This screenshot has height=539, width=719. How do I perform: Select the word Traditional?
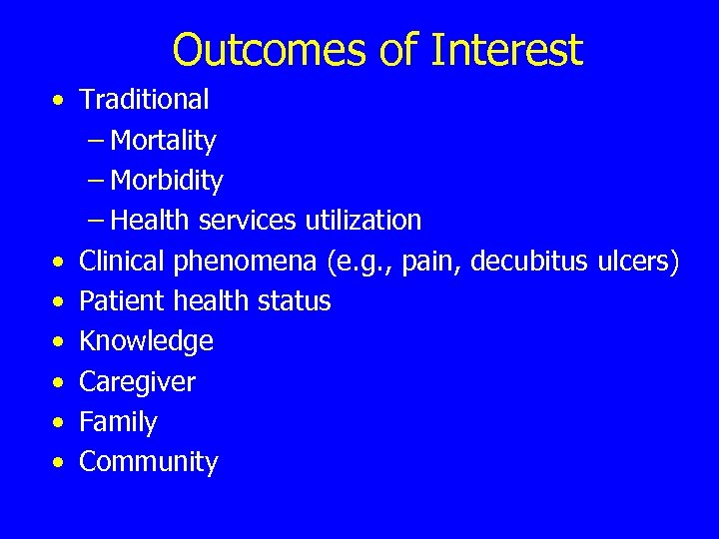pos(144,99)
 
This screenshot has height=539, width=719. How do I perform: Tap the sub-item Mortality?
pos(163,141)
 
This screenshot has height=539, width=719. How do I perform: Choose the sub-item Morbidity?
pos(167,181)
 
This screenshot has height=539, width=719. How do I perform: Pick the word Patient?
pos(122,300)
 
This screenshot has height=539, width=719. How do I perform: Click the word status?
pos(296,300)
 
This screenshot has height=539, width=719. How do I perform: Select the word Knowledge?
pos(146,341)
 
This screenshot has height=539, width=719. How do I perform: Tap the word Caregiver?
pos(137,382)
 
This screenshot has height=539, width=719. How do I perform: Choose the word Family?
pos(118,422)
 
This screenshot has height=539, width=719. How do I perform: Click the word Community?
pos(148,462)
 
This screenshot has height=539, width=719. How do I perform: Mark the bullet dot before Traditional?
pos(62,101)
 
